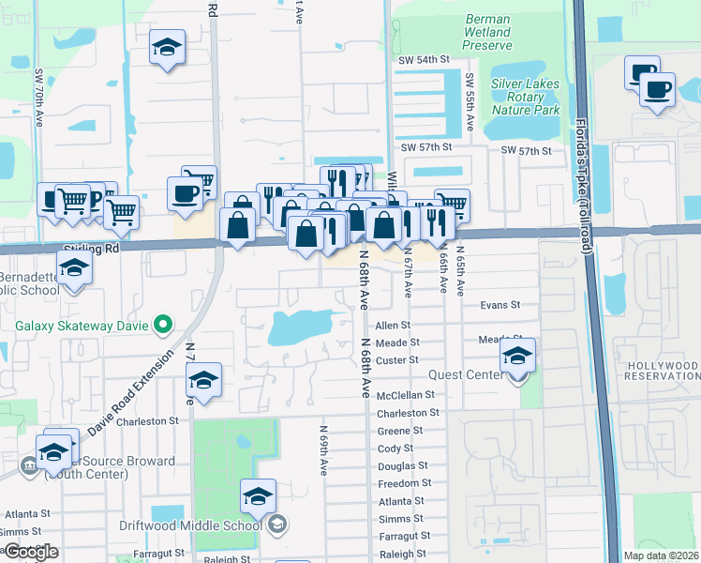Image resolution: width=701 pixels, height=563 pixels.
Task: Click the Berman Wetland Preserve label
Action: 487,32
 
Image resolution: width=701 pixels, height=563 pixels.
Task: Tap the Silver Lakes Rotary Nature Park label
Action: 532,97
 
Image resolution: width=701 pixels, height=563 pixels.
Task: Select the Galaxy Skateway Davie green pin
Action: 163,326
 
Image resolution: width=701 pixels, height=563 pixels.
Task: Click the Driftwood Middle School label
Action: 190,525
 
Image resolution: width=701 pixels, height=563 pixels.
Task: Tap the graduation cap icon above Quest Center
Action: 517,357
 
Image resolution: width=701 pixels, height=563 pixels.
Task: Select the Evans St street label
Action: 500,305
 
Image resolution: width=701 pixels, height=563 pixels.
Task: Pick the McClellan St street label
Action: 406,395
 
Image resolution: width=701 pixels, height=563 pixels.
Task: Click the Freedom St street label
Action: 404,483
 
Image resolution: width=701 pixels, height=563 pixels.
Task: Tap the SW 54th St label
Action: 418,60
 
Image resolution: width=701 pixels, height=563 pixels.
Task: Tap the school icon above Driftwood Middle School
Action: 258,498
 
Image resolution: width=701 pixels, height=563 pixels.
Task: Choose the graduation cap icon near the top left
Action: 168,49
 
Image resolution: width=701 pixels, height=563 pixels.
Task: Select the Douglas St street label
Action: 402,465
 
